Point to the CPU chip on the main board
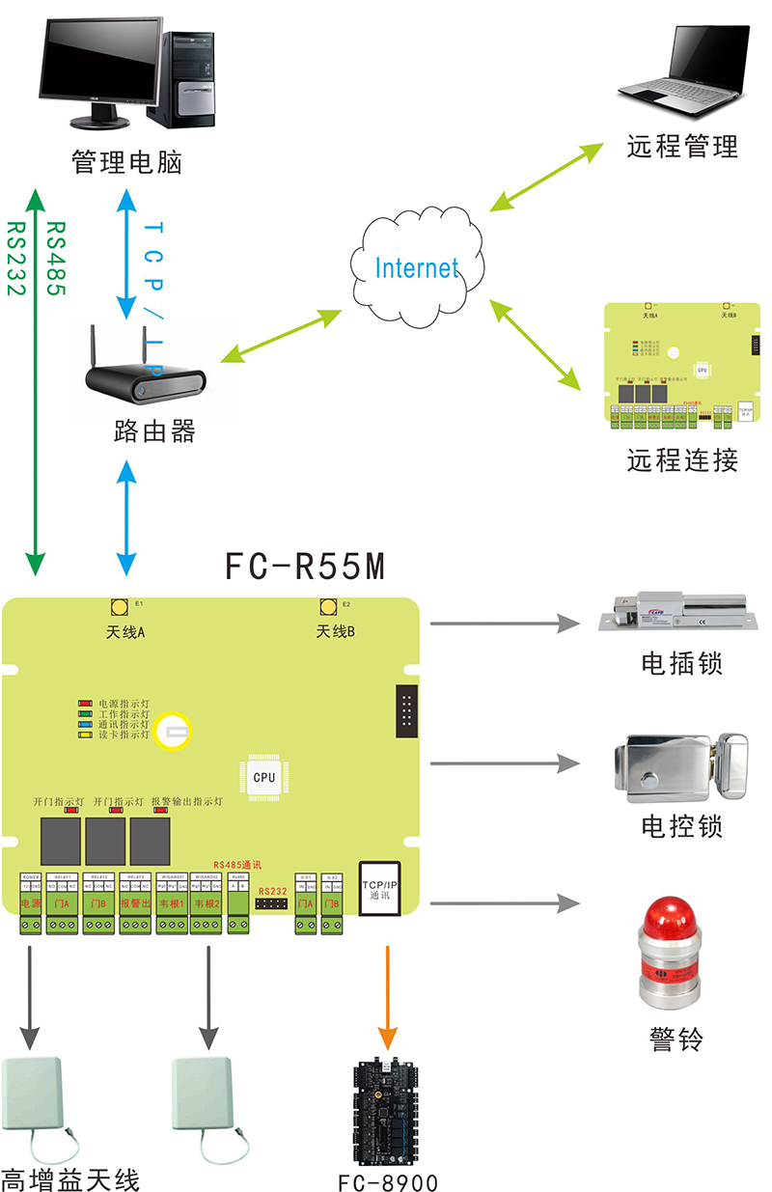tap(263, 776)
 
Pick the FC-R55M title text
tap(305, 567)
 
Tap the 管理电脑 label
tap(126, 161)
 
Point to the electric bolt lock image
tap(674, 611)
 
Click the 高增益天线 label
tap(70, 1178)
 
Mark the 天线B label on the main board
tap(336, 632)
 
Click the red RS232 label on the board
tap(273, 891)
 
